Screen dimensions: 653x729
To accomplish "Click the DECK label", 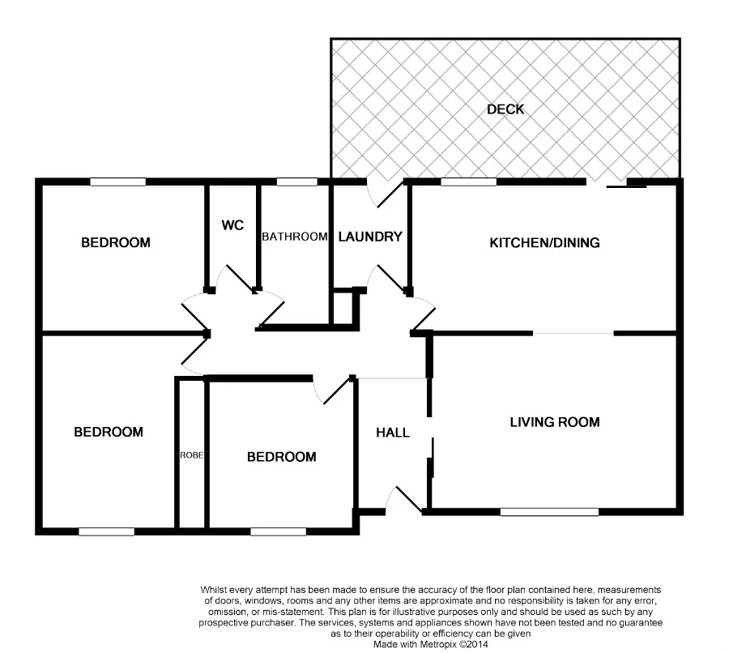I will pyautogui.click(x=505, y=109).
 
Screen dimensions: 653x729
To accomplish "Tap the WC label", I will pyautogui.click(x=232, y=225).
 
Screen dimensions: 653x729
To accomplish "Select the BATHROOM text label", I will pyautogui.click(x=294, y=237).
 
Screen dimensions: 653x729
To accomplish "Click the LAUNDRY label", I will pyautogui.click(x=370, y=237).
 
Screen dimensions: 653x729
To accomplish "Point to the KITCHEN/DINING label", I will pyautogui.click(x=544, y=242).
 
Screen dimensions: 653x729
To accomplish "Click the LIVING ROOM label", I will pyautogui.click(x=554, y=422).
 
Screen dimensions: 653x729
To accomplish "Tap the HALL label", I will pyautogui.click(x=392, y=433).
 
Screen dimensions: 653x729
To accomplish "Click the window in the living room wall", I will pyautogui.click(x=549, y=511).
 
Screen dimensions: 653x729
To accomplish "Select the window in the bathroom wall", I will pyautogui.click(x=296, y=182).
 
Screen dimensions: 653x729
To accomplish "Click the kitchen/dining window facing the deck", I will pyautogui.click(x=468, y=182).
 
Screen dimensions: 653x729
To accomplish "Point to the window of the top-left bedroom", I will pyautogui.click(x=117, y=182).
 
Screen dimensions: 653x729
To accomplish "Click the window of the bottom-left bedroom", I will pyautogui.click(x=106, y=531).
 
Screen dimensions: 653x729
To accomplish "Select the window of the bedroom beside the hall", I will pyautogui.click(x=278, y=531).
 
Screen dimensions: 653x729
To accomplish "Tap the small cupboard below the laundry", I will pyautogui.click(x=343, y=308).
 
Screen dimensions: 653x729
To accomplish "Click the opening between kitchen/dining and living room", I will pyautogui.click(x=573, y=333).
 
